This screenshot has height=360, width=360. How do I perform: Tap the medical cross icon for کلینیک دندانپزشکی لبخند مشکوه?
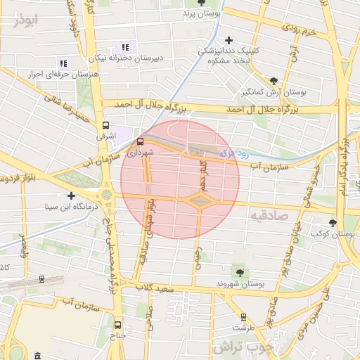coord(229,40)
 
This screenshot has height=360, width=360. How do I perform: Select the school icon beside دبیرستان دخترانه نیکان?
coord(126,47)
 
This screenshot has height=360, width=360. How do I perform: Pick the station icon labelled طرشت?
coord(243,317)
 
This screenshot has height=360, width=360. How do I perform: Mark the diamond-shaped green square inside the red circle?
coord(200,202)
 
